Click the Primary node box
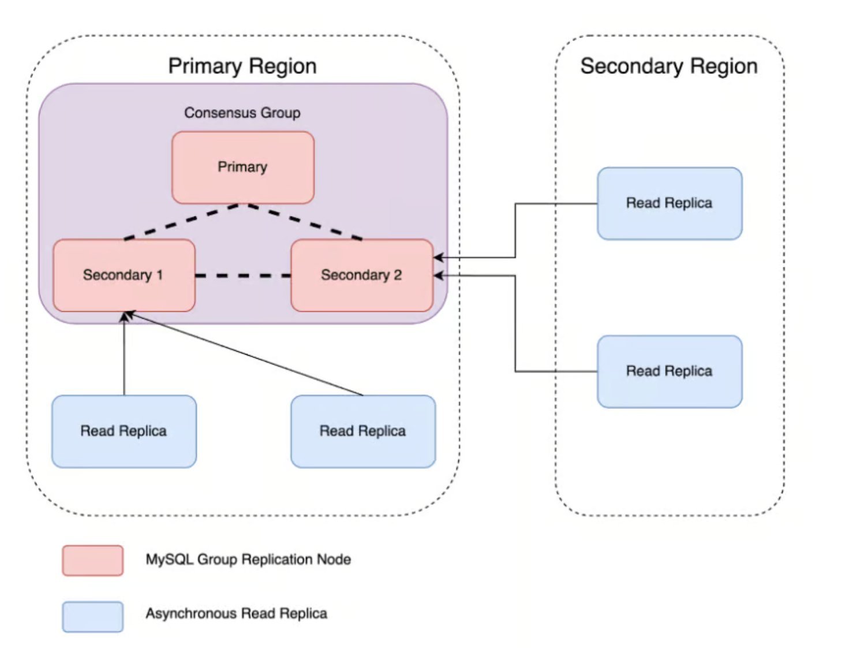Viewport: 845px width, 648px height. coord(242,167)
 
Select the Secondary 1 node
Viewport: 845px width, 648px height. coord(124,275)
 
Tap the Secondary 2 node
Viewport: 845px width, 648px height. coord(361,275)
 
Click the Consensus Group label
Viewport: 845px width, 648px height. coord(242,113)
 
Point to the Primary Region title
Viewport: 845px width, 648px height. coord(242,66)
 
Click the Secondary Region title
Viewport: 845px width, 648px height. coord(668,66)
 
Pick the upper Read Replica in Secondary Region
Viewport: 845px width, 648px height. coord(669,203)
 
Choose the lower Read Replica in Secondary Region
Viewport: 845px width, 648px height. coord(669,371)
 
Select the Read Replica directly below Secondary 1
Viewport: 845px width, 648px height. coord(124,431)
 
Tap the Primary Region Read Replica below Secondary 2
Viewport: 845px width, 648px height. coord(362,431)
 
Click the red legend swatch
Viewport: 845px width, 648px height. coord(92,560)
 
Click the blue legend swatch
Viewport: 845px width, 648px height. coord(92,616)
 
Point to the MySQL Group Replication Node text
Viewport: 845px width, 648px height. coord(248,559)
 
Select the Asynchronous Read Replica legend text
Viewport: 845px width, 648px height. coord(236,613)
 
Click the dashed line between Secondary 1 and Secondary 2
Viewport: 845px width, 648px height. coord(242,275)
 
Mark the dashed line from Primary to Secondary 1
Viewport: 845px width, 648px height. coord(184,221)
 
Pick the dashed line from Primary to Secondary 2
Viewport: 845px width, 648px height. coord(303,221)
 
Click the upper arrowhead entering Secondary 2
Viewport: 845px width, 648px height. coord(439,258)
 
